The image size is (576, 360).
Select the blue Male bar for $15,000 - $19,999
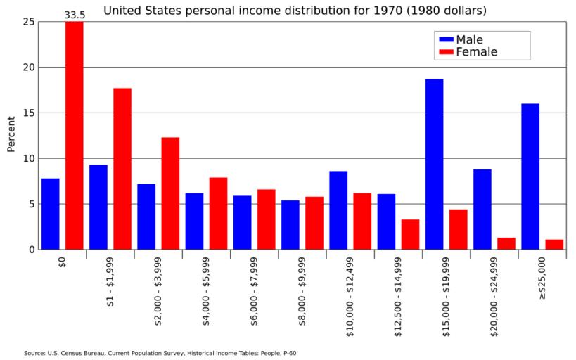tap(434, 164)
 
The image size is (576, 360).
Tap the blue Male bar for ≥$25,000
tap(530, 176)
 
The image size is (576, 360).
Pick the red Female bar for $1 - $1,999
tap(122, 169)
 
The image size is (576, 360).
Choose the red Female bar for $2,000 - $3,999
tap(170, 193)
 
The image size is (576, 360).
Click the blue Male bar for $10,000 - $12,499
tap(338, 210)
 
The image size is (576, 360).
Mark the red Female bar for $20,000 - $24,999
tap(506, 243)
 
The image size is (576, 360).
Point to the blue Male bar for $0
tap(50, 214)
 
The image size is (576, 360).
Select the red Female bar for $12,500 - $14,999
tap(410, 234)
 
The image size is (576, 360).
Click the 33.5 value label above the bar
tap(75, 14)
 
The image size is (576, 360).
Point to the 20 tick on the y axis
tap(28, 67)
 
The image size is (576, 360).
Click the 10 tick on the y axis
tap(28, 158)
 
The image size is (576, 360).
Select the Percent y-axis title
tap(11, 134)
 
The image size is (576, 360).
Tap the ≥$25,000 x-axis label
tap(542, 278)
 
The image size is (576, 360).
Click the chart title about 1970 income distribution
tap(295, 11)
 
